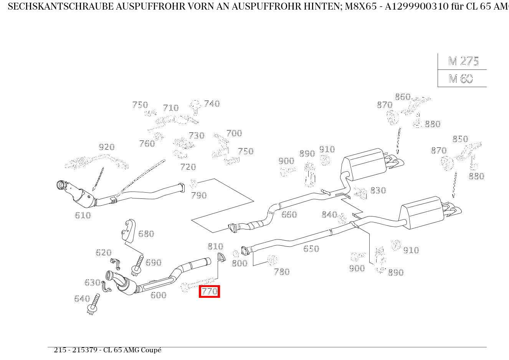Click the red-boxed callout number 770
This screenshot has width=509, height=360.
pos(209,292)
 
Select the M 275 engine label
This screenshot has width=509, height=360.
pos(463,61)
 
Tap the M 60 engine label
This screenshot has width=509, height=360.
pos(460,79)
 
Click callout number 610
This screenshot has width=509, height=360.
pos(83,215)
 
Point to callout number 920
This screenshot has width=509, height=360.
pos(107,147)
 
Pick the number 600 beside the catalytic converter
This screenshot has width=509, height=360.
pos(158,295)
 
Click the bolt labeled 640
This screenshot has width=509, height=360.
pos(93,305)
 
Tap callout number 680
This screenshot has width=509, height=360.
pos(146,234)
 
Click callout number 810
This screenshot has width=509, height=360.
pos(215,246)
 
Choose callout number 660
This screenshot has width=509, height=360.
pos(289,215)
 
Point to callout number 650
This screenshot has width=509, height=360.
pos(311,249)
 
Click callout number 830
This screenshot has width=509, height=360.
pos(378,190)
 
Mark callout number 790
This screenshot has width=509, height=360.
pos(199,195)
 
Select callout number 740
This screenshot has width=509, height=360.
pos(212,104)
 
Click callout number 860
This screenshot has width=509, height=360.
pos(403,97)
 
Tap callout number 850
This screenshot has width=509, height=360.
pos(460,139)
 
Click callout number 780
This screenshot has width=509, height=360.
pos(281,272)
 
